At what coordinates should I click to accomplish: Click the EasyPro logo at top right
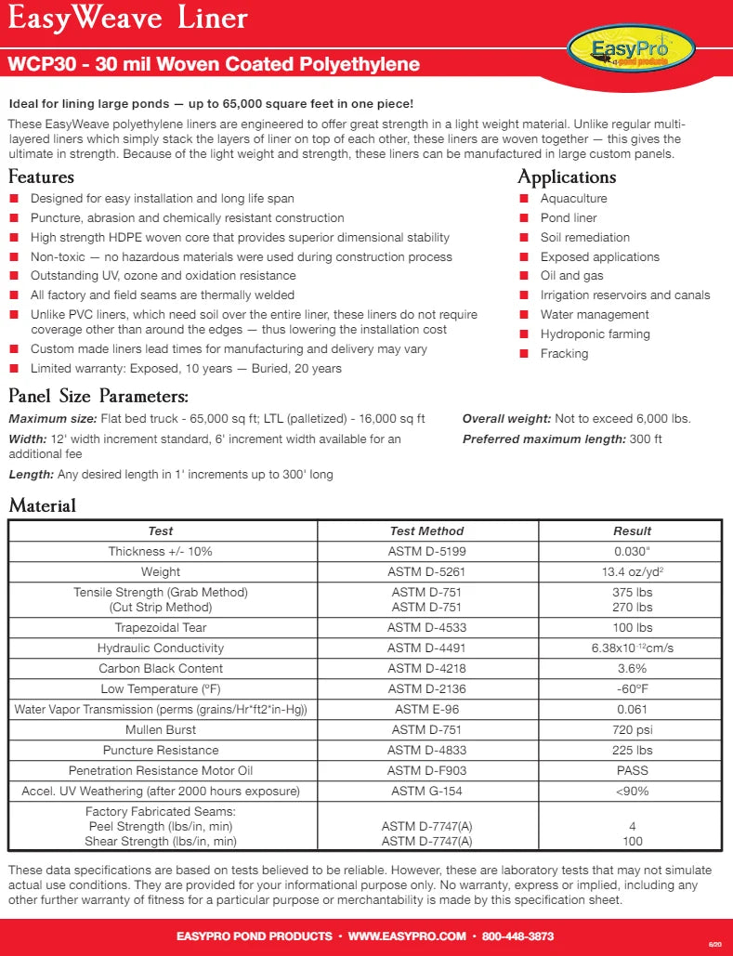coord(631,47)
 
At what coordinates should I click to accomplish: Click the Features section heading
coord(41,177)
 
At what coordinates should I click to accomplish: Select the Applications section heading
coord(567,177)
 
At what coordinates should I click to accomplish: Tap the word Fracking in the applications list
coord(564,353)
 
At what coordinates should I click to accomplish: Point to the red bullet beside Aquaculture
coord(523,199)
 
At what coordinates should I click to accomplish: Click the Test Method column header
coord(426,530)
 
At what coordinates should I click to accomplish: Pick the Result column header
coord(632,530)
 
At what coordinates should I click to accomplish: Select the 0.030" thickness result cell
coord(632,551)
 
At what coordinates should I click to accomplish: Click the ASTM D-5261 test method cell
coord(426,571)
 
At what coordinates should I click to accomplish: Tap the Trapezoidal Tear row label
coord(161,627)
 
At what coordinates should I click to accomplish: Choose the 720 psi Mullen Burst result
coord(632,729)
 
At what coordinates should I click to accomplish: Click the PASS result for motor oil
coord(632,770)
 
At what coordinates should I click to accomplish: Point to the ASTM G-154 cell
coord(426,791)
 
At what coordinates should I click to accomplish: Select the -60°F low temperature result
coord(632,688)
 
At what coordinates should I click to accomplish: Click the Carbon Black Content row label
coord(161,668)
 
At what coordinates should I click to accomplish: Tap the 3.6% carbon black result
coord(632,668)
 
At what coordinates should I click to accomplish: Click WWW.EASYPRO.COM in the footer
coord(407,936)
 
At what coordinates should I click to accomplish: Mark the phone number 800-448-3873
coord(518,936)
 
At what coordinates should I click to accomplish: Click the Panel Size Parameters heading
coord(98,396)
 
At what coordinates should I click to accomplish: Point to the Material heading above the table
coord(42,505)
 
